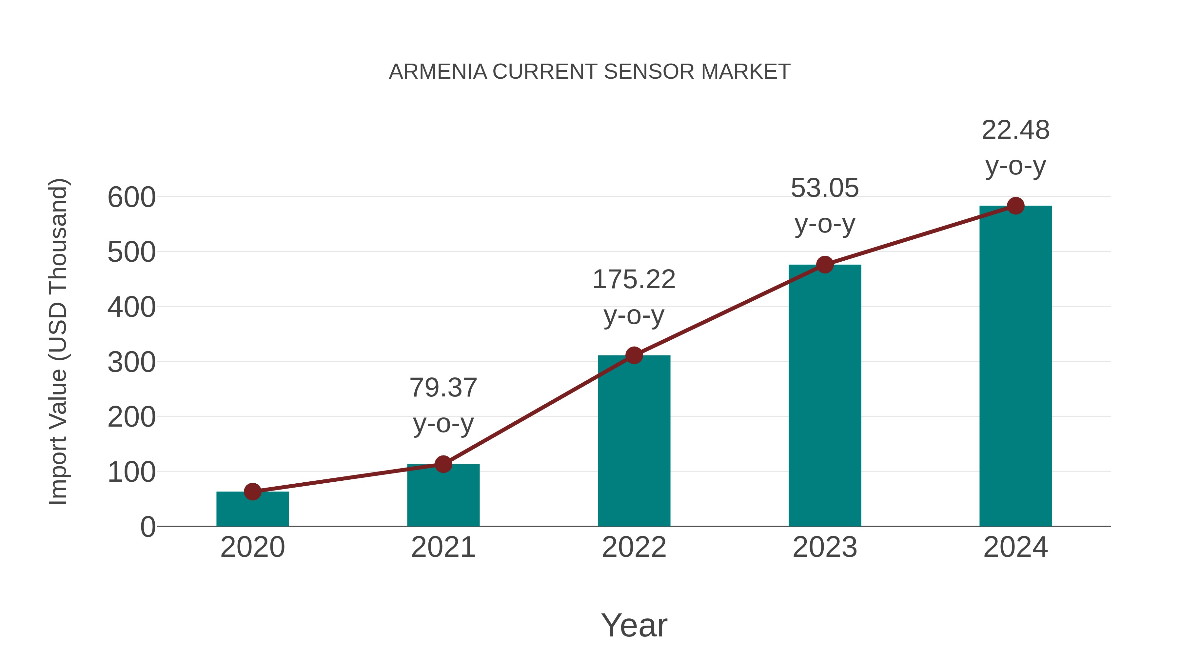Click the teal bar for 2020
click(x=252, y=509)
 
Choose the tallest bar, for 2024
click(x=1015, y=366)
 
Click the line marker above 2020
click(x=252, y=492)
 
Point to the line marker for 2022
click(x=634, y=355)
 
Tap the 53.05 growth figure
click(x=825, y=188)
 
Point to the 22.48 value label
click(x=1015, y=130)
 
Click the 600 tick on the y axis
click(x=131, y=198)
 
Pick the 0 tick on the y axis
click(x=147, y=527)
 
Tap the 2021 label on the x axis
click(x=443, y=547)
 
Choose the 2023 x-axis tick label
click(x=825, y=547)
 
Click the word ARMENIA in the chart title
click(x=438, y=72)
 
